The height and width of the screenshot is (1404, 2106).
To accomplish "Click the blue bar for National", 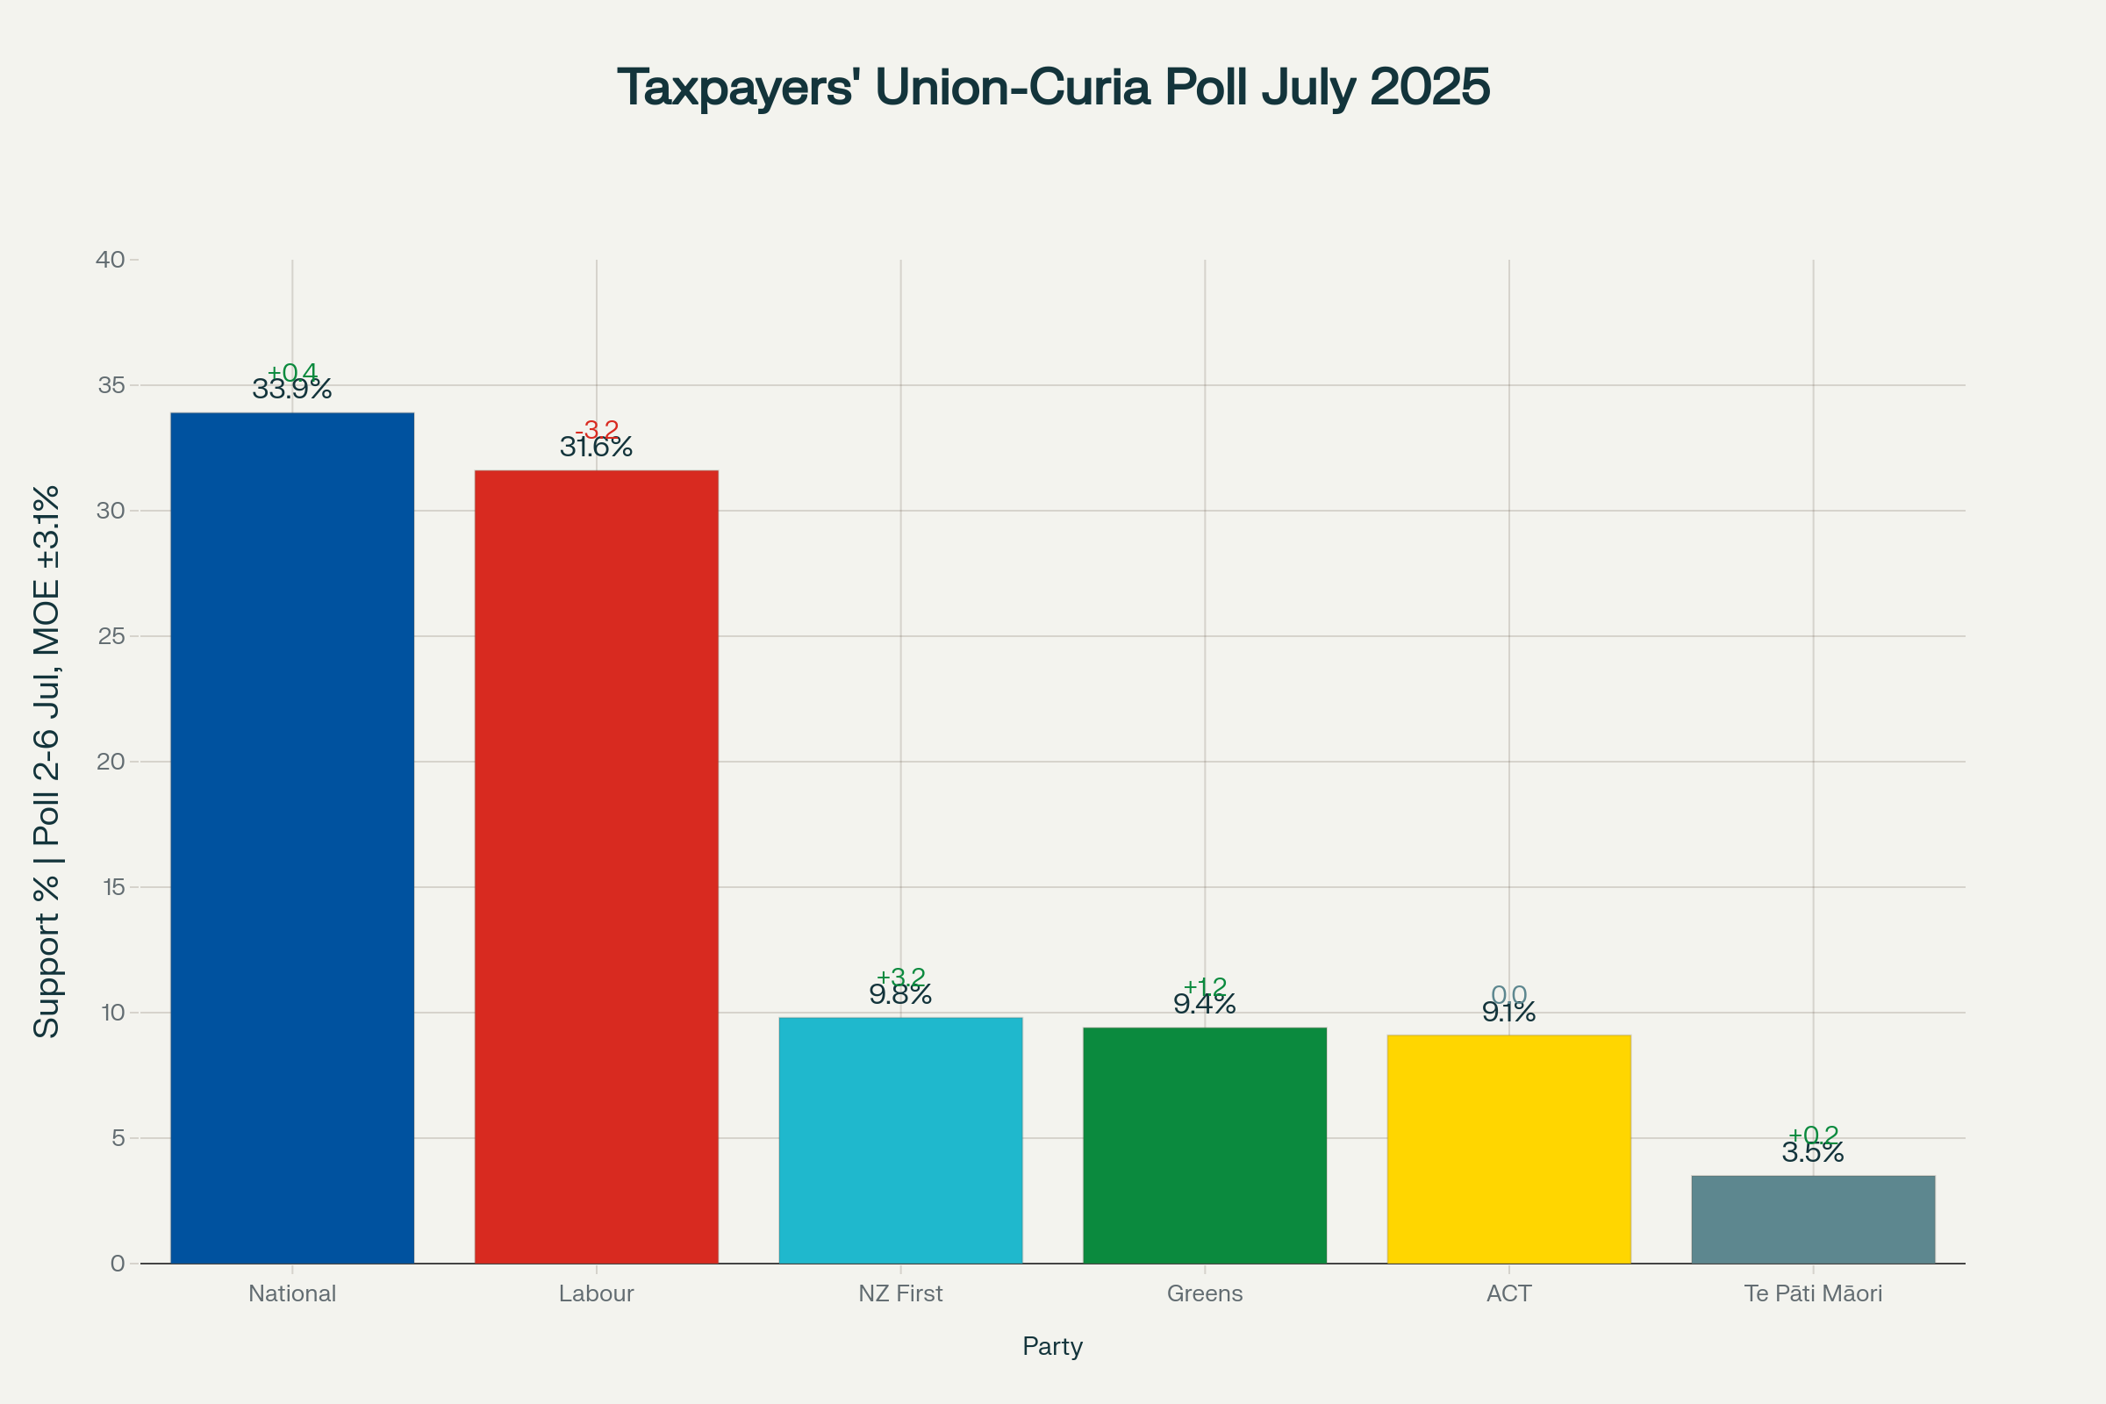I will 292,838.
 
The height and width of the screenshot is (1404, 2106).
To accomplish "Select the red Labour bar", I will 597,867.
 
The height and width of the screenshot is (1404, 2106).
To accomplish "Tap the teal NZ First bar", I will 901,1141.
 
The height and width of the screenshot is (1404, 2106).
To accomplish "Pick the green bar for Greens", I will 1204,1146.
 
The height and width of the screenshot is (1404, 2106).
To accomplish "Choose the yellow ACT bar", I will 1508,1150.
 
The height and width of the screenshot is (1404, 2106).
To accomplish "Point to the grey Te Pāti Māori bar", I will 1813,1220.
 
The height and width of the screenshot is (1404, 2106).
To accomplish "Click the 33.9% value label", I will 292,390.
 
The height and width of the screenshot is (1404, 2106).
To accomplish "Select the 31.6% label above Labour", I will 597,447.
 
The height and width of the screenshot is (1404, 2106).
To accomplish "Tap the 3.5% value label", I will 1813,1152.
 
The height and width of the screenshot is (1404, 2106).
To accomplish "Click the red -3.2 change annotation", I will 598,430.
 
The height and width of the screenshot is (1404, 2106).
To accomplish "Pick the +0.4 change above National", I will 293,371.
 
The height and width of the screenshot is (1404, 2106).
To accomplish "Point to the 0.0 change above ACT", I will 1508,995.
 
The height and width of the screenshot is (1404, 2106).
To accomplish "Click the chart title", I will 1053,88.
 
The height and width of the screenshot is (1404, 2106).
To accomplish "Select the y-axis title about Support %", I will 47,761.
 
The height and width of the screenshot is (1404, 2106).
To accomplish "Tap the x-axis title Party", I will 1053,1346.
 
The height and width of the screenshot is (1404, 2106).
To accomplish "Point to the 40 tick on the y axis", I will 111,260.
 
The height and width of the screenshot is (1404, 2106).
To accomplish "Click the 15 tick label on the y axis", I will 114,887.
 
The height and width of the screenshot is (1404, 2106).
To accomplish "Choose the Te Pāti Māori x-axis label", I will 1813,1293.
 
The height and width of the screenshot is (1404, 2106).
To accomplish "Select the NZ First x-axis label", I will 901,1293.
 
